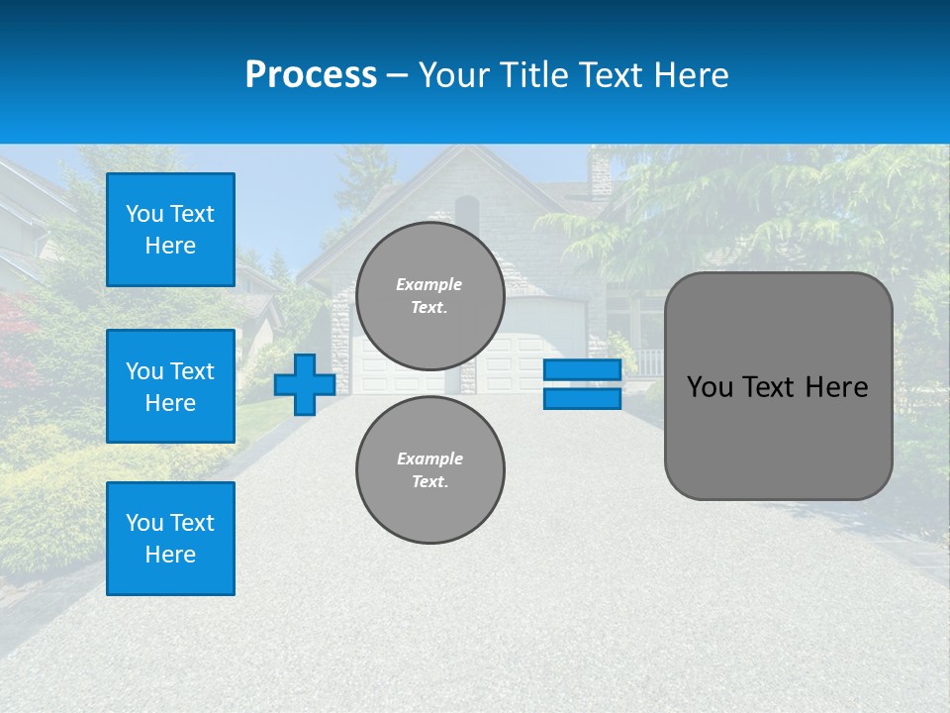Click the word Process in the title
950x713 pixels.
311,75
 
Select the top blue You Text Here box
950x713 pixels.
170,230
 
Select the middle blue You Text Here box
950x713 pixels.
170,386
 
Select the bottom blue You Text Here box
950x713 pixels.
170,538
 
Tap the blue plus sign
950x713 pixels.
305,384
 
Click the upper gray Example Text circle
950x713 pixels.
429,296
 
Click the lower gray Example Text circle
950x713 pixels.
429,469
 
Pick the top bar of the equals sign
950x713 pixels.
582,369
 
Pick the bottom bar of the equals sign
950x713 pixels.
582,398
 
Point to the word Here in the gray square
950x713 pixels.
836,387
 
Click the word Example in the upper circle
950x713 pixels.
429,284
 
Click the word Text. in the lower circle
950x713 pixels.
429,481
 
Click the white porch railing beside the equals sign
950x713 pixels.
648,361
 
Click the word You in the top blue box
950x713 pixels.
144,214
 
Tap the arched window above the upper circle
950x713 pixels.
467,212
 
